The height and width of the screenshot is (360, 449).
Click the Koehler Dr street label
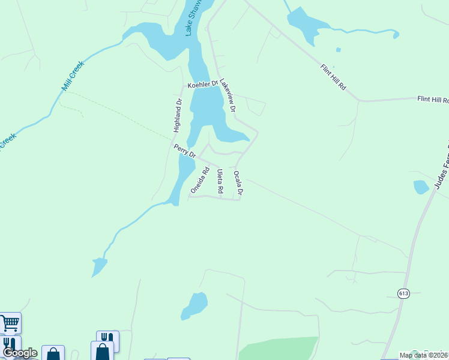pyautogui.click(x=202, y=86)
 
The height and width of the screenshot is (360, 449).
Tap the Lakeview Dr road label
pyautogui.click(x=228, y=96)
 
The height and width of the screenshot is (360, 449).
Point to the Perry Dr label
pyautogui.click(x=185, y=151)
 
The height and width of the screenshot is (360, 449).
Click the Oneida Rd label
pyautogui.click(x=200, y=179)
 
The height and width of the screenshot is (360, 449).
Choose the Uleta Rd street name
pyautogui.click(x=220, y=182)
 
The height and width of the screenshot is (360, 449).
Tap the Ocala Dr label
pyautogui.click(x=238, y=184)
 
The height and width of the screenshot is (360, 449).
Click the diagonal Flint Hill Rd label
pyautogui.click(x=334, y=77)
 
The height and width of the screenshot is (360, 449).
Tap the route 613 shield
pyautogui.click(x=403, y=292)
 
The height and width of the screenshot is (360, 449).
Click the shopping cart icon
pyautogui.click(x=10, y=323)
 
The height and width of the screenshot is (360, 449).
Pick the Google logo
pyautogui.click(x=20, y=353)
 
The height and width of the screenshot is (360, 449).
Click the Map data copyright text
pyautogui.click(x=424, y=355)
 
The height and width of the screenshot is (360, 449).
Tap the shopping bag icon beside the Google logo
pyautogui.click(x=53, y=354)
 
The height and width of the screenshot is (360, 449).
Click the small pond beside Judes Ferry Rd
pyautogui.click(x=421, y=187)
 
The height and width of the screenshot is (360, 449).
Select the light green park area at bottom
pyautogui.click(x=279, y=348)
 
